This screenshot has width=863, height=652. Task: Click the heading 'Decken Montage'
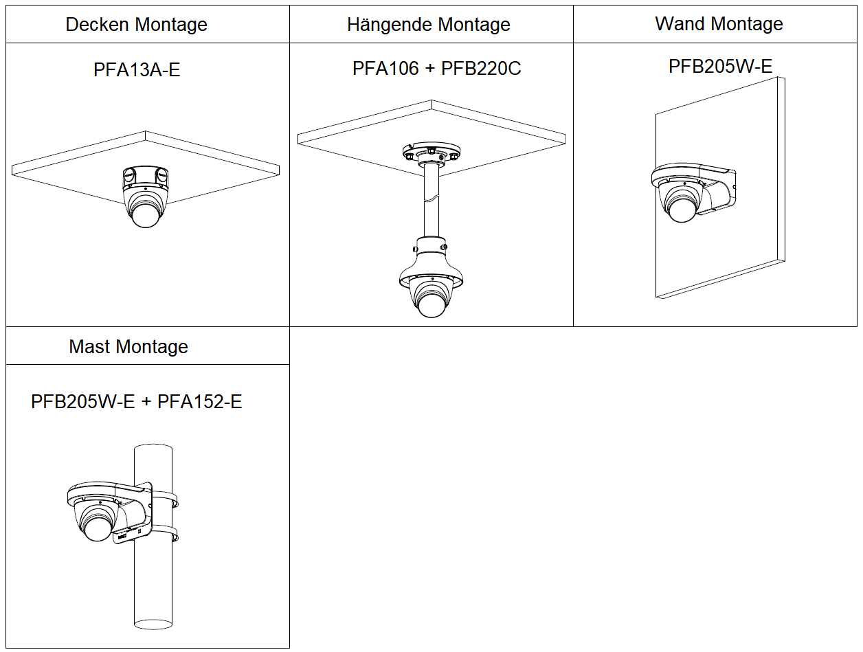[136, 24]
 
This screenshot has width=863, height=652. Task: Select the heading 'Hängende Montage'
[429, 24]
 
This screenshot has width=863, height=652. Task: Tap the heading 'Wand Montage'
[719, 23]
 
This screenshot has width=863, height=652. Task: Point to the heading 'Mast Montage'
[128, 347]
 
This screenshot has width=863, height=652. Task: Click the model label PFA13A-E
[137, 70]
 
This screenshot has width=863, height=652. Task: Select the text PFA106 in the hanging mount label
[385, 69]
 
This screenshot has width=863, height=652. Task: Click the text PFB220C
[481, 69]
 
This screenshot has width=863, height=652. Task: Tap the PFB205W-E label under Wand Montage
[720, 66]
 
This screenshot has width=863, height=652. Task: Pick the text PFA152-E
[199, 402]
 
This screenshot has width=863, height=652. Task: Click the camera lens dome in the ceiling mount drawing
[146, 216]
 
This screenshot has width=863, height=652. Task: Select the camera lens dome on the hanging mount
[431, 306]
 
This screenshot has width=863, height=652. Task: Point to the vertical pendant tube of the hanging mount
[431, 201]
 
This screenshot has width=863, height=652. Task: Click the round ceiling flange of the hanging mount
[431, 152]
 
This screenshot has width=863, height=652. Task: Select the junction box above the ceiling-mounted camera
[146, 177]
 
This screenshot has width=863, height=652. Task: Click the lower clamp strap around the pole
[165, 533]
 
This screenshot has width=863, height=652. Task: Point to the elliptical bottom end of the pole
[153, 624]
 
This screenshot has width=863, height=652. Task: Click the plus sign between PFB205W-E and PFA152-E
[146, 402]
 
